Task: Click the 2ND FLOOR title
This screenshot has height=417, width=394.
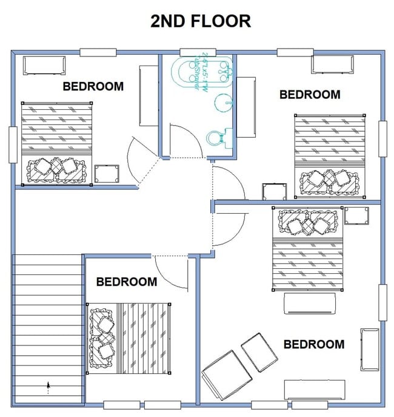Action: (x=201, y=21)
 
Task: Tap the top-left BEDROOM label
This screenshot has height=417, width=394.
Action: (x=93, y=86)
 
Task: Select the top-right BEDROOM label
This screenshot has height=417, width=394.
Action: (x=310, y=94)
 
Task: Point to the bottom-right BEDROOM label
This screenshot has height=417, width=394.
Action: (x=314, y=344)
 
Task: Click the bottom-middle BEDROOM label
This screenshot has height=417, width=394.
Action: (x=126, y=282)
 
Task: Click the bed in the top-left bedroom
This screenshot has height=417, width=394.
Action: (x=57, y=143)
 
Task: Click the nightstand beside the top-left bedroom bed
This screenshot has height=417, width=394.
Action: (x=107, y=174)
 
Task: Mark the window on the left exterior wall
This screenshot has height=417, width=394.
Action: (x=13, y=144)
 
